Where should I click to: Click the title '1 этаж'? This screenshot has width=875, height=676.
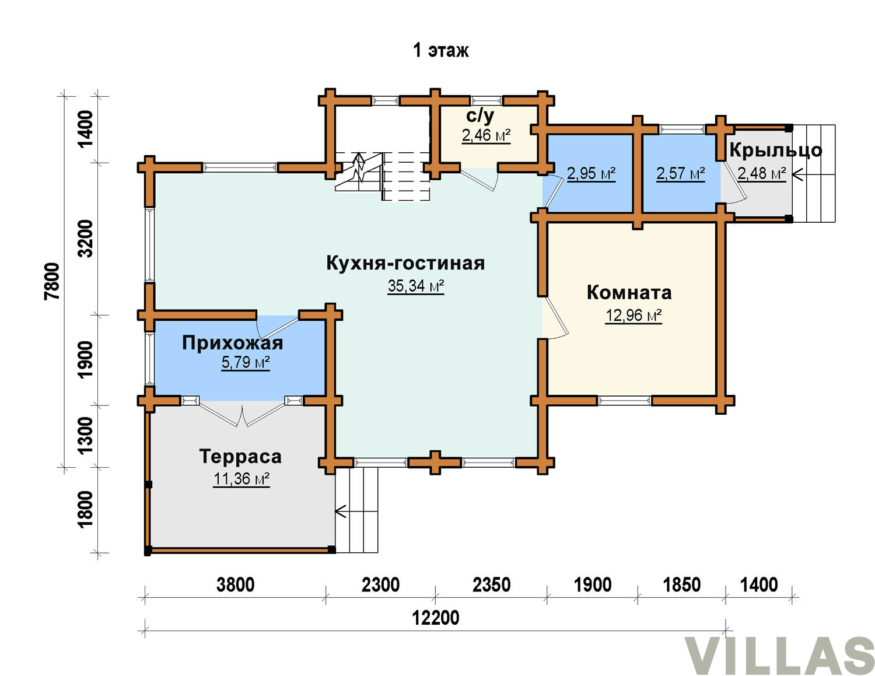coord(441,51)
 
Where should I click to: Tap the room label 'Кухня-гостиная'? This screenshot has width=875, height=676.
coord(405,263)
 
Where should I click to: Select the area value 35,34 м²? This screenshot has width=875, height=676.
coord(415,286)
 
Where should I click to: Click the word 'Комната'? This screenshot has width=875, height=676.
coord(629,293)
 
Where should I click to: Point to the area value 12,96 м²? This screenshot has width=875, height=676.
coord(634,315)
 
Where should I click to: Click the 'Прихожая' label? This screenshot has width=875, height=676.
coord(232,343)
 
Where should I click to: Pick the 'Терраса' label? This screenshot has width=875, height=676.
coord(240,457)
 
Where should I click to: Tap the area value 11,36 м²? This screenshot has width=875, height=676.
coord(241,479)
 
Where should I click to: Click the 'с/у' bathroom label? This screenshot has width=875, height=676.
coord(480,116)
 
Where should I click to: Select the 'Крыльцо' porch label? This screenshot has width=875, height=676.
coord(775,150)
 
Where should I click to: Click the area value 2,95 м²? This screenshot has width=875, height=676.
coord(591,174)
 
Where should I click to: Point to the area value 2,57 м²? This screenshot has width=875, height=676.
coord(681,174)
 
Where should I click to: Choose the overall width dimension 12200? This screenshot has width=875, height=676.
coord(436,618)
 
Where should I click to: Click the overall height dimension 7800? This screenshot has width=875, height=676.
coord(52,281)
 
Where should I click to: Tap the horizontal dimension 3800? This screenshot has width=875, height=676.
coord(236,585)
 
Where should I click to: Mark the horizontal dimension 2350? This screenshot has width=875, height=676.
coord(491,585)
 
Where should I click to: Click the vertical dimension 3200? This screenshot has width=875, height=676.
coord(86,239)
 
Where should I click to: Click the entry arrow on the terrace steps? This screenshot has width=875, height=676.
coord(341,512)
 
